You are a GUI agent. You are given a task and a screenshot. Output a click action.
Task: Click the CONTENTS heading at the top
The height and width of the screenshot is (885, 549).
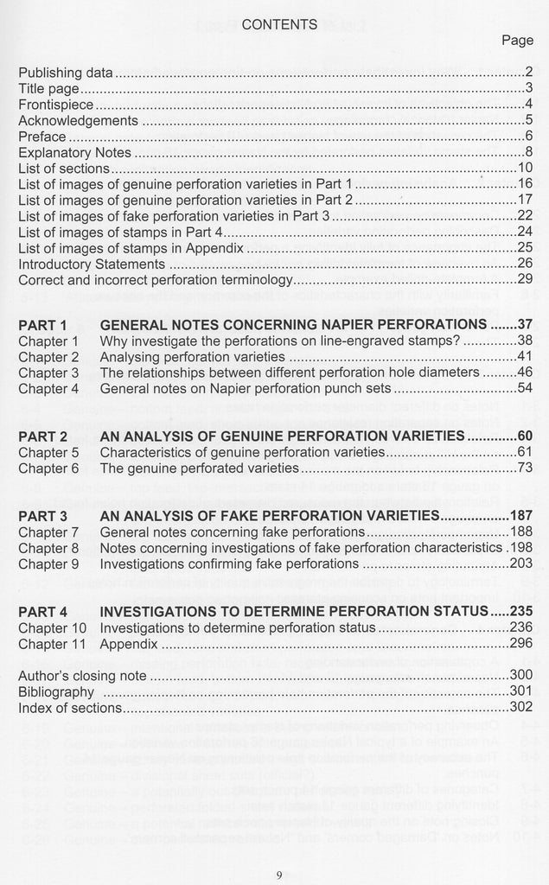click(x=279, y=24)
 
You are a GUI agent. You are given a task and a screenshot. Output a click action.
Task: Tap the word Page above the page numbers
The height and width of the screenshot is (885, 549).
click(x=517, y=40)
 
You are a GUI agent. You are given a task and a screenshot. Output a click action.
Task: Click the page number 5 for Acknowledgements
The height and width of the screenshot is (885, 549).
click(x=527, y=120)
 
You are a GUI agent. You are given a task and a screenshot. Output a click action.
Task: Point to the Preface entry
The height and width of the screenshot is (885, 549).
click(x=41, y=137)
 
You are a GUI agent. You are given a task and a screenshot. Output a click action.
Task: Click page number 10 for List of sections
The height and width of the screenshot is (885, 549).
click(x=525, y=168)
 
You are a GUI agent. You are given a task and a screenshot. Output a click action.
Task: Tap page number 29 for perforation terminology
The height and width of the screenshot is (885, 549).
click(x=524, y=279)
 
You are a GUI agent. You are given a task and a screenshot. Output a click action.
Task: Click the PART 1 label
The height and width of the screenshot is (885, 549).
click(x=43, y=325)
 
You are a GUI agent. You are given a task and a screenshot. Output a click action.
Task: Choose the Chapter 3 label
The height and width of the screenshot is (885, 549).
click(x=48, y=372)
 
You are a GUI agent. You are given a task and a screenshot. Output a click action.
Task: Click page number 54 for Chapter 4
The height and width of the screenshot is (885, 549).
click(x=524, y=389)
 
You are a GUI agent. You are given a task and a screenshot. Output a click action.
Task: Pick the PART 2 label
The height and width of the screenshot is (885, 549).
click(x=43, y=436)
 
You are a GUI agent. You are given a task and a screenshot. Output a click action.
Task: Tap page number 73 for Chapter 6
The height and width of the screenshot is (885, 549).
click(x=524, y=468)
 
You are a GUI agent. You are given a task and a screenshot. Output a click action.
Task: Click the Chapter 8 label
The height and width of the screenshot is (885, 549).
click(x=48, y=548)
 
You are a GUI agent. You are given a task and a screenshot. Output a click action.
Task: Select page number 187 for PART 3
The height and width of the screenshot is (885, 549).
click(x=520, y=516)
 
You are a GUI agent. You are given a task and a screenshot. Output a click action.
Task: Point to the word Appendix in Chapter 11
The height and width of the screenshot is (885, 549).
click(x=129, y=643)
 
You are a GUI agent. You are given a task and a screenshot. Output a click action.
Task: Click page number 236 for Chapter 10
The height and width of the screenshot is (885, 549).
click(x=520, y=627)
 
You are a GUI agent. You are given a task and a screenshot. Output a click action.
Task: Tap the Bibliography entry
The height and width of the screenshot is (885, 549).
click(x=56, y=691)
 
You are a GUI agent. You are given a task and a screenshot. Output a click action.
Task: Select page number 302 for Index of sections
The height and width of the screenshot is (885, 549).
click(x=520, y=708)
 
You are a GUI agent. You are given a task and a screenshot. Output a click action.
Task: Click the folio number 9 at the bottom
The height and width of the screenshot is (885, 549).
click(x=278, y=874)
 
